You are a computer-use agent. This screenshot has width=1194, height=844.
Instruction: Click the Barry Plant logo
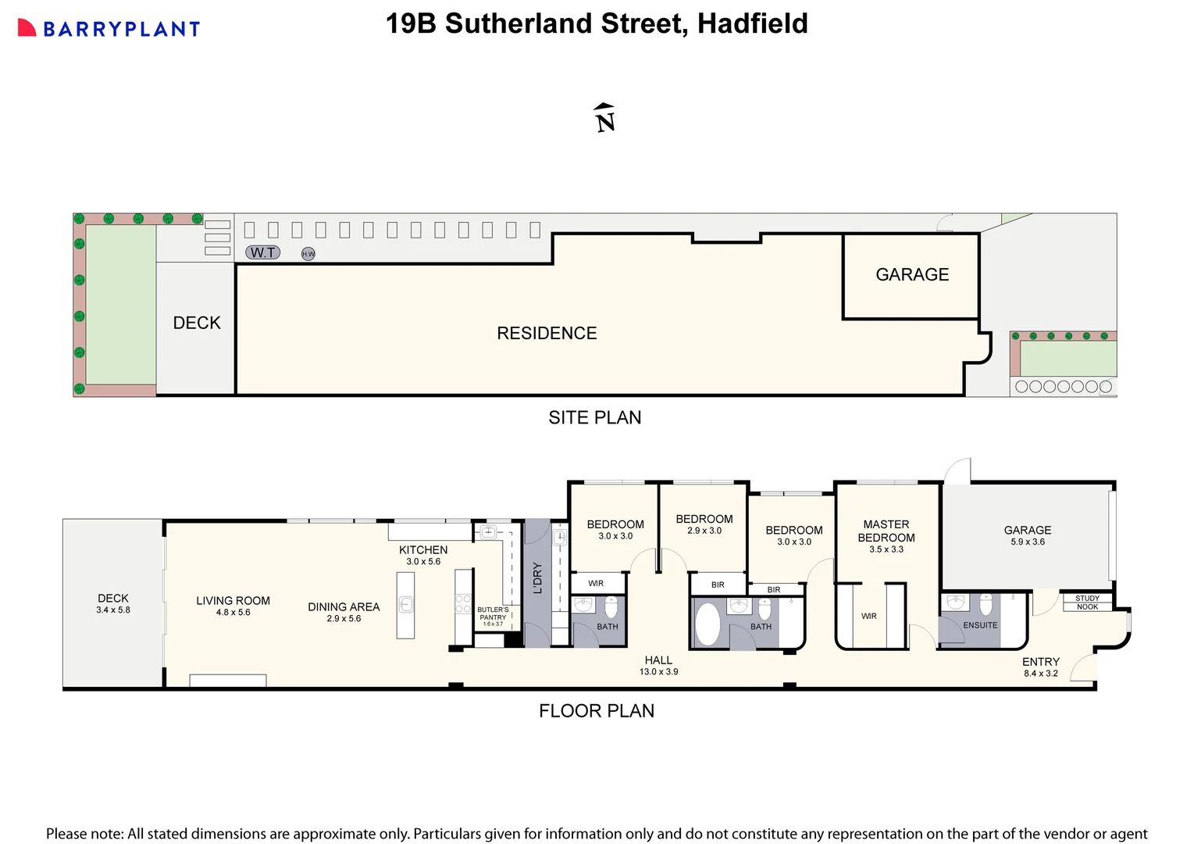109,29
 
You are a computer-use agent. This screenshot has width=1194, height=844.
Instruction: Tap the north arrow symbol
604,118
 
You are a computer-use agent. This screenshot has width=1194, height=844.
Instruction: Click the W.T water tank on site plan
262,252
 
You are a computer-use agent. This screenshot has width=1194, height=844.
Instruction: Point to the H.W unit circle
308,254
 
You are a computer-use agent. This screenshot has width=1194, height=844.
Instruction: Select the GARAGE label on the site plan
912,275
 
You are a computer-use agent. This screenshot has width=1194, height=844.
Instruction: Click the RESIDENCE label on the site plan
547,334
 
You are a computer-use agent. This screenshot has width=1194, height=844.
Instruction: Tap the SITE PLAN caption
595,418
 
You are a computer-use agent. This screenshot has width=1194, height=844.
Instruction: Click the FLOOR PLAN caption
597,711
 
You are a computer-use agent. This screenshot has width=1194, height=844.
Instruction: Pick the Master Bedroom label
886,531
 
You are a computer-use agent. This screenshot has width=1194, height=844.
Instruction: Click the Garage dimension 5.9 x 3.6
1028,542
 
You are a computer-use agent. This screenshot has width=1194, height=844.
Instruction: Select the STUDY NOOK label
1087,603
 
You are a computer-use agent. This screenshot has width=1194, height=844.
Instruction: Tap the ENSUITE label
980,625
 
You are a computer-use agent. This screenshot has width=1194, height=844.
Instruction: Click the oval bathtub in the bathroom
707,624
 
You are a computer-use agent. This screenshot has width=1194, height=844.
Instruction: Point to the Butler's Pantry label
493,614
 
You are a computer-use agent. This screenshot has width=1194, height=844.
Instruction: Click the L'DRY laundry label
537,578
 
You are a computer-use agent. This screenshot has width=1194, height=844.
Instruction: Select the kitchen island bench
405,605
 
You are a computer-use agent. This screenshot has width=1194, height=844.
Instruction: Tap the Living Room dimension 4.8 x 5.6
233,613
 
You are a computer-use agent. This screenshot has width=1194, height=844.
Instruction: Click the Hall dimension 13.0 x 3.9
658,672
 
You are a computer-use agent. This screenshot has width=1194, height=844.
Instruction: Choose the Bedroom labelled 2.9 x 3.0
704,524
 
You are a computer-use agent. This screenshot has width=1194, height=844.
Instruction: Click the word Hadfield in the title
752,23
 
